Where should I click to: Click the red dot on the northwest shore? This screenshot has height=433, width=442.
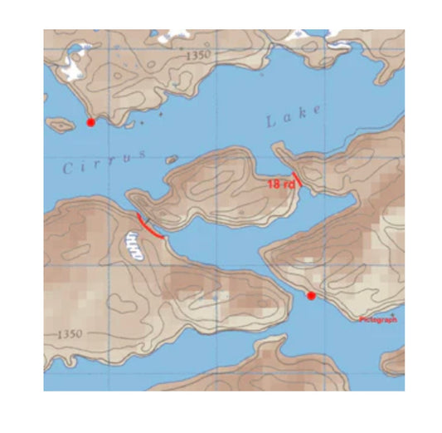(91, 123)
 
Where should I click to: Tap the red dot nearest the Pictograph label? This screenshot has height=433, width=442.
(311, 296)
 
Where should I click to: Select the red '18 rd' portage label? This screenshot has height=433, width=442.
(281, 184)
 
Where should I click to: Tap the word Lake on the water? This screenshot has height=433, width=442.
(293, 116)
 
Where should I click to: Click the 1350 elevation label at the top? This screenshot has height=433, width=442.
(199, 55)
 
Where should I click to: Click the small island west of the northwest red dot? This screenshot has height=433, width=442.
(59, 125)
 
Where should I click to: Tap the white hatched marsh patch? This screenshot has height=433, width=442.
(134, 244)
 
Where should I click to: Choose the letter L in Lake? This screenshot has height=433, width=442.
(270, 122)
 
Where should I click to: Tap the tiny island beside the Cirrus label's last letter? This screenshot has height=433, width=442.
(171, 159)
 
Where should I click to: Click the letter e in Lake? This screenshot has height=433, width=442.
(317, 111)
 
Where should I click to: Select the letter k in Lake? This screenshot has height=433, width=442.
(302, 114)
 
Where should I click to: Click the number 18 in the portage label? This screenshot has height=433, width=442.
(274, 184)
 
